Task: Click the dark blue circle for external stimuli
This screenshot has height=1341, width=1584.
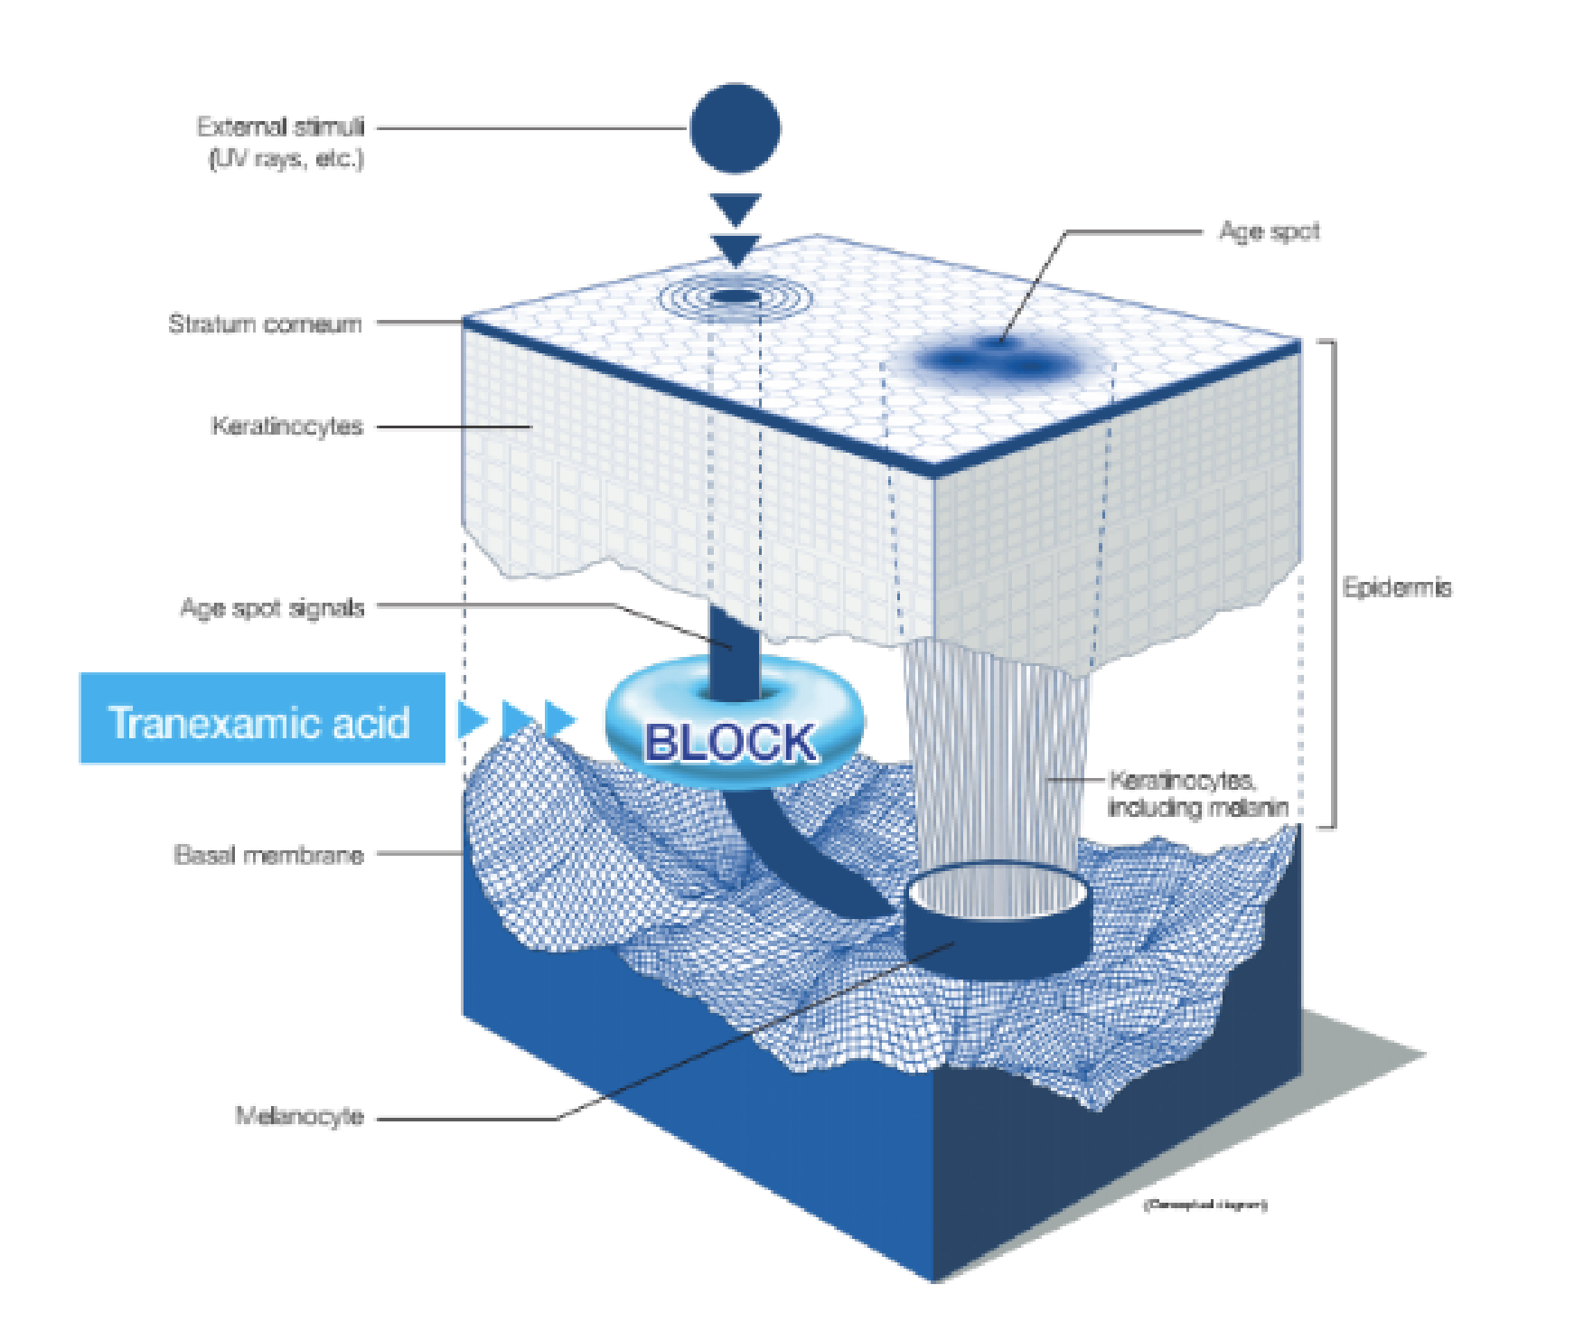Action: tap(735, 128)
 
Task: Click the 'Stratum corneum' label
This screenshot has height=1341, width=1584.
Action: tap(265, 324)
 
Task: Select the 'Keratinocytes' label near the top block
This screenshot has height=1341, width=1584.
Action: tap(287, 426)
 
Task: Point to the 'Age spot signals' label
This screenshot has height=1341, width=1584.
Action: tap(272, 607)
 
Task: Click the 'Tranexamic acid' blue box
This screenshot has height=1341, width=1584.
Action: tap(262, 719)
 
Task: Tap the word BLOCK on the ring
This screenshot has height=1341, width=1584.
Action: tap(730, 743)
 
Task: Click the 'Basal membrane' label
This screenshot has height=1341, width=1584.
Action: tap(268, 855)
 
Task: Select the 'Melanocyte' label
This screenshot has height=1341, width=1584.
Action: tap(299, 1116)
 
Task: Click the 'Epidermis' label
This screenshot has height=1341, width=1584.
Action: tap(1397, 587)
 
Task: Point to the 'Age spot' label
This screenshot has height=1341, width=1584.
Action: tap(1269, 231)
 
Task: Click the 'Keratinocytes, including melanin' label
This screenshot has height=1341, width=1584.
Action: tap(1197, 793)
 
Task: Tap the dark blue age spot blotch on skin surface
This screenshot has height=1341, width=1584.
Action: tap(998, 361)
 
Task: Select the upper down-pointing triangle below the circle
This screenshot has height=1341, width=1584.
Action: tap(735, 208)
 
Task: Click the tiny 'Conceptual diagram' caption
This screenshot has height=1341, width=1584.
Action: tap(1205, 1205)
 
